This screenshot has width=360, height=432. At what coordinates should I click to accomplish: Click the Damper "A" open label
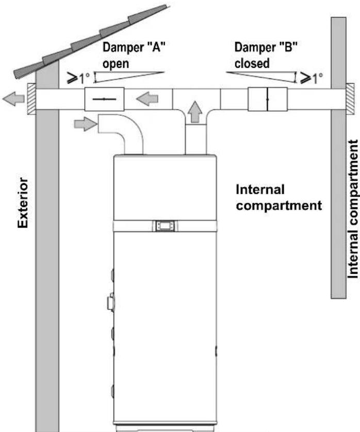click(x=134, y=55)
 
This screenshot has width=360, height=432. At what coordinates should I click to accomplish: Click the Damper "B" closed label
click(x=266, y=55)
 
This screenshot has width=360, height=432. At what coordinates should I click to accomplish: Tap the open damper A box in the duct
click(x=104, y=99)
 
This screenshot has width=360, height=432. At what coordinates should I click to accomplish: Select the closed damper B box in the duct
click(x=268, y=99)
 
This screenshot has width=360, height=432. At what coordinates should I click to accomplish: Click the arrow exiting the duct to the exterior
click(x=13, y=99)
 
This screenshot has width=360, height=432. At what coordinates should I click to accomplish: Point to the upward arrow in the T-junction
click(x=195, y=111)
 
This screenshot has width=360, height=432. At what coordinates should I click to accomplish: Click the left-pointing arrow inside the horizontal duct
click(x=147, y=99)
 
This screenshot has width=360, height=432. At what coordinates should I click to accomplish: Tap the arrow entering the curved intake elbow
click(x=86, y=124)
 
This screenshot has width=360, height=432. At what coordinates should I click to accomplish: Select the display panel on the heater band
click(x=165, y=226)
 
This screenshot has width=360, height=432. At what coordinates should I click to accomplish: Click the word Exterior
click(x=23, y=202)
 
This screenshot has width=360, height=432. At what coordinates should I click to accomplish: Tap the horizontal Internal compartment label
click(x=279, y=198)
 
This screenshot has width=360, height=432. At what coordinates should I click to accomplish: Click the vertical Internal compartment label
click(x=353, y=210)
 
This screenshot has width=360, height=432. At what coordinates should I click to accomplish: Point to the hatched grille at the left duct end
click(x=31, y=99)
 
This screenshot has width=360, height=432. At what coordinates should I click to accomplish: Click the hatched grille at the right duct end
click(x=350, y=99)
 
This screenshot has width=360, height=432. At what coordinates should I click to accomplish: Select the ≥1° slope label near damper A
click(x=79, y=78)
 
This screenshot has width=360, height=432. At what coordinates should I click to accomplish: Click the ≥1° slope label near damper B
click(x=312, y=78)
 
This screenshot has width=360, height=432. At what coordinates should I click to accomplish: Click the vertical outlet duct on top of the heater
click(x=195, y=139)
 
